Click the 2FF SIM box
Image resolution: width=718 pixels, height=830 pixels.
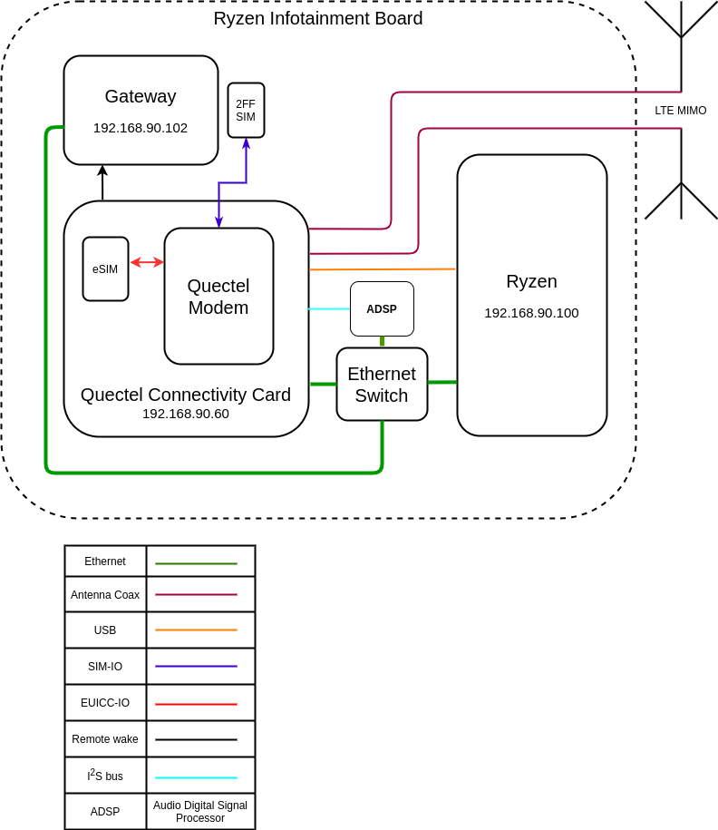click(x=246, y=111)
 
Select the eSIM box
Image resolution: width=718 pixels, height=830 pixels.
click(x=105, y=269)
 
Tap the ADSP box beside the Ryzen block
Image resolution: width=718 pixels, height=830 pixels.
click(x=382, y=308)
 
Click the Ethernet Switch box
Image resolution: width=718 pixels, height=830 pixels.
click(x=382, y=385)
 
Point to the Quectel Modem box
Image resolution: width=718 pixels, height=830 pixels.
click(x=218, y=297)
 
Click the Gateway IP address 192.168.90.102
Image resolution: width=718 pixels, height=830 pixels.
click(x=141, y=128)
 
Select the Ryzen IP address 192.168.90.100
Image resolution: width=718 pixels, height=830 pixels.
click(x=531, y=313)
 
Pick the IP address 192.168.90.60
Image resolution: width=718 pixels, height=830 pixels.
click(x=186, y=414)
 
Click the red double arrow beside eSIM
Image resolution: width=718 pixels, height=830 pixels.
click(x=147, y=262)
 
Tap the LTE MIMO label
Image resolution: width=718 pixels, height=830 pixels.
click(x=681, y=111)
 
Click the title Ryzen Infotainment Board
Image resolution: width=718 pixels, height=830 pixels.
click(x=318, y=19)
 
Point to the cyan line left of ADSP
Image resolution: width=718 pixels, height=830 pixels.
click(x=329, y=309)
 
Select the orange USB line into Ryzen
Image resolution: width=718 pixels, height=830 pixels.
click(x=382, y=269)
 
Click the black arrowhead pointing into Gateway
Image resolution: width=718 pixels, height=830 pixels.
click(x=102, y=171)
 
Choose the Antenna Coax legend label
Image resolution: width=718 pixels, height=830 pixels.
click(x=105, y=595)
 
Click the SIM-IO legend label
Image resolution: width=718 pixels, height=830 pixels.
click(x=105, y=667)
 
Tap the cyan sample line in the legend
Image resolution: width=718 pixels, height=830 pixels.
click(x=196, y=777)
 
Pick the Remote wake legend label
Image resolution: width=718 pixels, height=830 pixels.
click(x=105, y=739)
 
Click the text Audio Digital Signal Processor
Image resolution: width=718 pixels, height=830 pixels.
click(x=200, y=812)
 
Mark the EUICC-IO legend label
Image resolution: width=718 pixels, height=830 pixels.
click(x=105, y=703)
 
